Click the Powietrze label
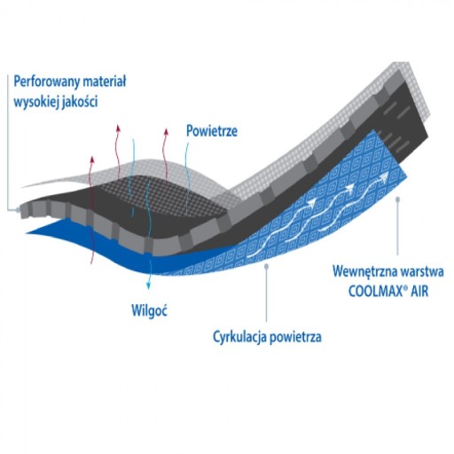(x=212, y=131)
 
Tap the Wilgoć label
(x=149, y=310)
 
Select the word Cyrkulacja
(x=240, y=337)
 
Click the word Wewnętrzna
(x=364, y=272)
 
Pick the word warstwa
(x=421, y=271)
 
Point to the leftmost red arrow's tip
(x=93, y=156)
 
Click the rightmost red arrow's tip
(x=167, y=129)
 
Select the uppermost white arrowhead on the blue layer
(x=384, y=177)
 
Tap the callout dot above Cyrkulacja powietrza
(x=266, y=266)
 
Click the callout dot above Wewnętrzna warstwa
(x=397, y=200)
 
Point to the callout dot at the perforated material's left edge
(x=18, y=210)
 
